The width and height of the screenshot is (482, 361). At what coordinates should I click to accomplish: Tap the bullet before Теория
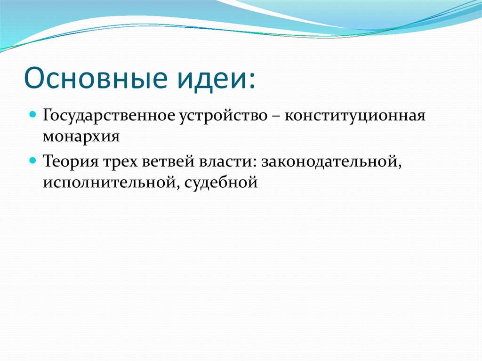click(x=33, y=160)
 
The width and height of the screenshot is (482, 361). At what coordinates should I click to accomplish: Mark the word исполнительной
click(x=108, y=182)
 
